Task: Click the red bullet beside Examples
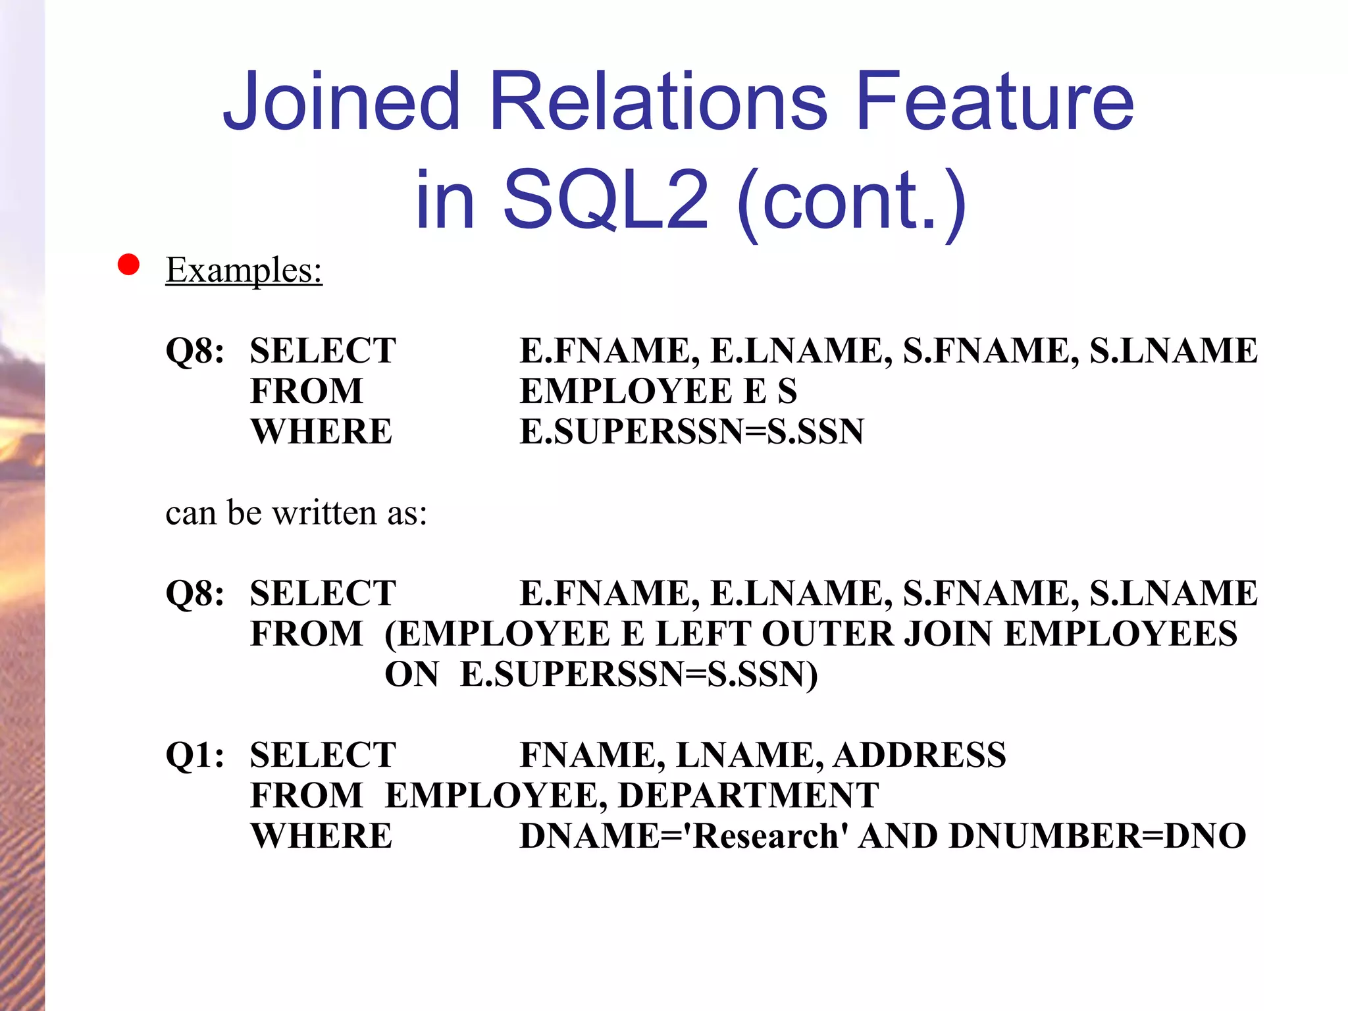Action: point(128,265)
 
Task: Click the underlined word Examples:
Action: point(244,270)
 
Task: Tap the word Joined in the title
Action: point(341,102)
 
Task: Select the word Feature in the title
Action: point(995,102)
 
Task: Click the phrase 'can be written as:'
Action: point(296,513)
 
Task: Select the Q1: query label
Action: point(195,755)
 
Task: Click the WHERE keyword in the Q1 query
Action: point(321,836)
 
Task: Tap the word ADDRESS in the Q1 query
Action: point(920,755)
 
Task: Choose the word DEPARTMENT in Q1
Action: point(748,795)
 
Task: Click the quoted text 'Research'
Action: point(765,836)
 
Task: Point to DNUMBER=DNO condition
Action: point(1097,836)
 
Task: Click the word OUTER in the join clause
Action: point(827,634)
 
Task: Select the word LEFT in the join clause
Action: point(704,634)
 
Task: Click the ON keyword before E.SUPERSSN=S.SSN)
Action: point(411,675)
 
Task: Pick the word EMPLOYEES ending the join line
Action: point(1120,634)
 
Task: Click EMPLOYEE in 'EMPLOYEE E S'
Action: point(626,391)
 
